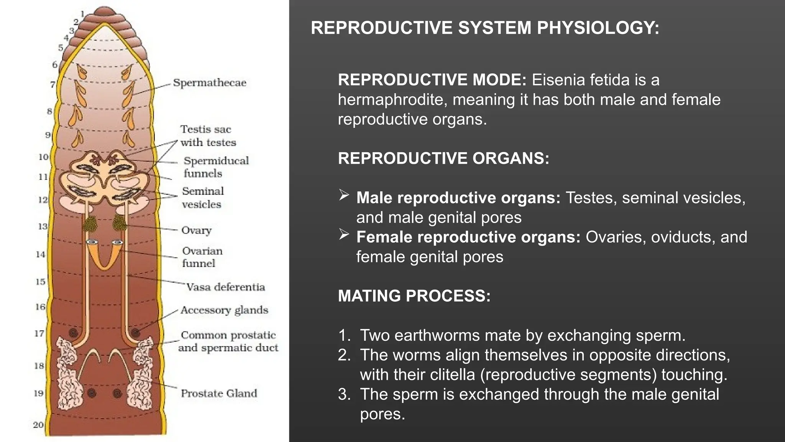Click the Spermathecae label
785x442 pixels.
click(x=209, y=83)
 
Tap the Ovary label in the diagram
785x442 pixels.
click(x=196, y=230)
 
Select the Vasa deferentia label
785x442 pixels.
click(x=225, y=287)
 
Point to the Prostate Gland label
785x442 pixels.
click(x=218, y=393)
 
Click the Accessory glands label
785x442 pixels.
click(x=224, y=310)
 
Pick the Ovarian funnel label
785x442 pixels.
click(x=202, y=257)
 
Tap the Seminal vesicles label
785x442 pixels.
click(x=203, y=198)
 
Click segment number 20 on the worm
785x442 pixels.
click(x=38, y=425)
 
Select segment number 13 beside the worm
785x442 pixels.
click(x=42, y=226)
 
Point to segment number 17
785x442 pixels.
click(x=39, y=333)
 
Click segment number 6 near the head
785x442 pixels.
click(x=55, y=65)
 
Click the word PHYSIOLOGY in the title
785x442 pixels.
click(x=598, y=28)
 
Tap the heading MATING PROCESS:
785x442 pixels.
click(x=414, y=296)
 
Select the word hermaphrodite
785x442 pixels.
click(x=389, y=100)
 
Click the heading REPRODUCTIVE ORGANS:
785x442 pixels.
click(x=443, y=158)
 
